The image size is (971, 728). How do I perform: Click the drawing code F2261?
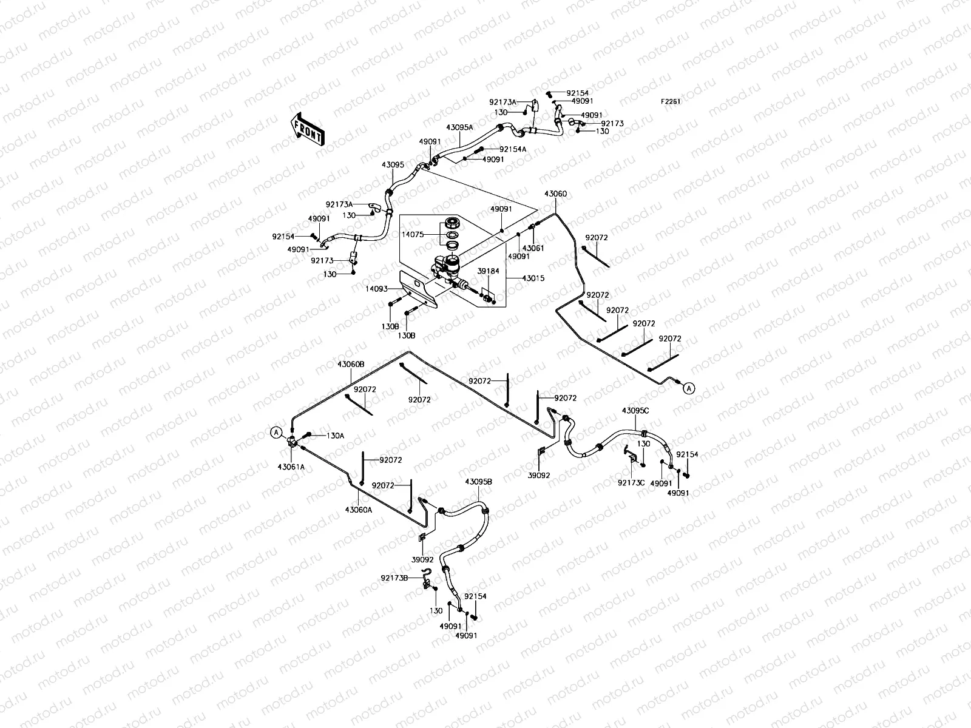coord(671,102)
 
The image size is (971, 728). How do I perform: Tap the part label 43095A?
coord(459,128)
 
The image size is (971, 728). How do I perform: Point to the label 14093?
coord(376,290)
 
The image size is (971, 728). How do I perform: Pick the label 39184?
coord(488,271)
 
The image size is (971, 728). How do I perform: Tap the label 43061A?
coord(291,467)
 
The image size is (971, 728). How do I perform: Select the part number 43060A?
coord(358,510)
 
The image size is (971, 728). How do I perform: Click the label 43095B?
coord(478,481)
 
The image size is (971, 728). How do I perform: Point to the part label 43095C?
coord(635,411)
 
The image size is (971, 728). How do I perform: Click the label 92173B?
coord(394,578)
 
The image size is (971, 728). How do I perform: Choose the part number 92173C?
coord(631,483)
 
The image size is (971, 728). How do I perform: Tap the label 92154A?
coord(513,149)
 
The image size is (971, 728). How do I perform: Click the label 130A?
coord(336,436)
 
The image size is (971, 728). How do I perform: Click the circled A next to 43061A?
coord(276,433)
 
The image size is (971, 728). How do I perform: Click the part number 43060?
coord(555,194)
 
